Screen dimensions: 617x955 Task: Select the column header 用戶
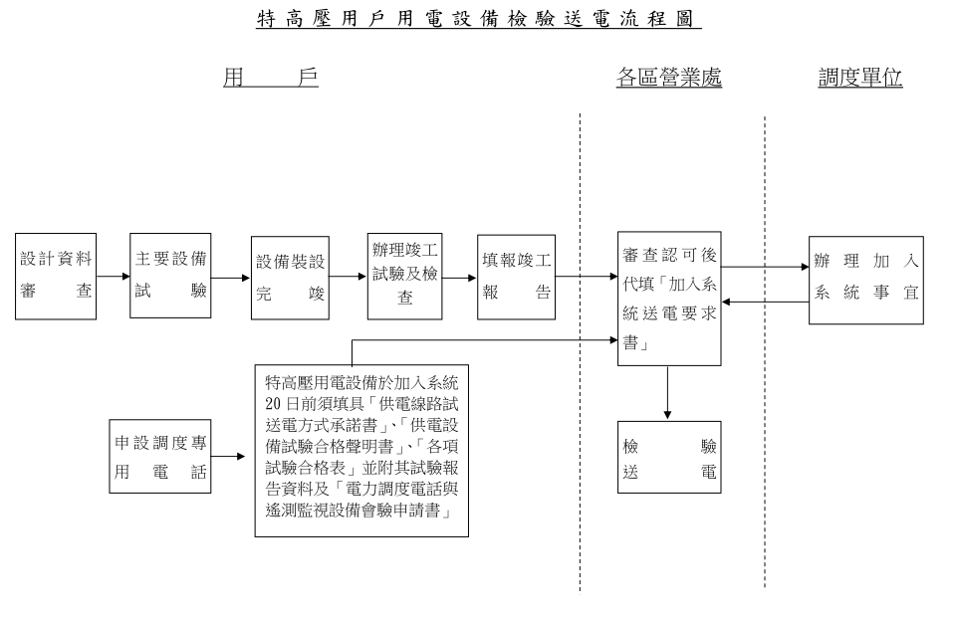tap(270, 80)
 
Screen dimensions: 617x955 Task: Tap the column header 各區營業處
tap(668, 80)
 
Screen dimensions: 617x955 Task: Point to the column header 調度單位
tap(860, 80)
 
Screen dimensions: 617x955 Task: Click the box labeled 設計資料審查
tap(56, 277)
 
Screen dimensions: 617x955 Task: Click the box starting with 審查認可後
tap(668, 302)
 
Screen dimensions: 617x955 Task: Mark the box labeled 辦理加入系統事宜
tap(865, 279)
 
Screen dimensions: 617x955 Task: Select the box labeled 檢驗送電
tap(668, 457)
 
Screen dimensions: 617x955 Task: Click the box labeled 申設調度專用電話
tap(159, 457)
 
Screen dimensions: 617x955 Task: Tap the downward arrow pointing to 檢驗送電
tap(668, 393)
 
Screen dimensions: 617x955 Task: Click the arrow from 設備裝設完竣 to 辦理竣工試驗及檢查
tap(348, 279)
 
